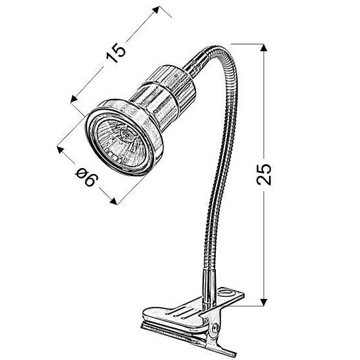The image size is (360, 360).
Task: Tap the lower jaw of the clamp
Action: point(193,336)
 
